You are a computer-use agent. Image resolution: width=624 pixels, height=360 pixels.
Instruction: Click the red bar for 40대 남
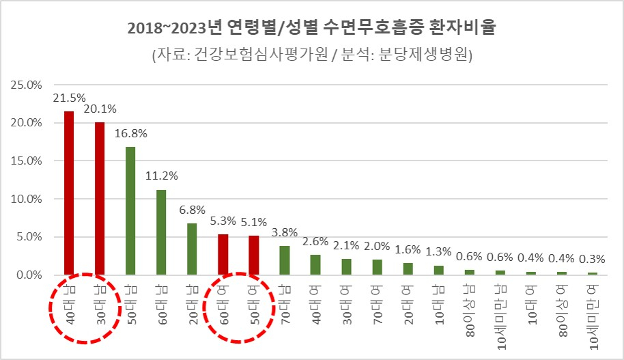pos(69,193)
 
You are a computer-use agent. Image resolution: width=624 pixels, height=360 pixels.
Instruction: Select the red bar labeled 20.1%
pos(100,199)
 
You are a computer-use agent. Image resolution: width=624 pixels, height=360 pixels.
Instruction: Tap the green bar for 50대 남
pos(130,211)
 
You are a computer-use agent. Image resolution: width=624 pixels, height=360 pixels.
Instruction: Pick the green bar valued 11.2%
pos(161,232)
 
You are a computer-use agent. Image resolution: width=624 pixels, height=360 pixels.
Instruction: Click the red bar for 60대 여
pos(223,255)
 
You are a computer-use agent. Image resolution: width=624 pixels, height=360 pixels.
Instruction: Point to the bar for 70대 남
pos(284,260)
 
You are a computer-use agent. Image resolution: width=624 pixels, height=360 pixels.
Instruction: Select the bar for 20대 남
pos(192,249)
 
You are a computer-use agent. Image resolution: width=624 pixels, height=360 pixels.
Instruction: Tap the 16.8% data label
pos(130,133)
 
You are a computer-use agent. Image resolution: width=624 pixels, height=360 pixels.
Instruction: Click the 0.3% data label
pos(591,259)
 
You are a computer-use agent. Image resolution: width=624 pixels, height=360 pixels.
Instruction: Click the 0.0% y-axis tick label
pos(30,275)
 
